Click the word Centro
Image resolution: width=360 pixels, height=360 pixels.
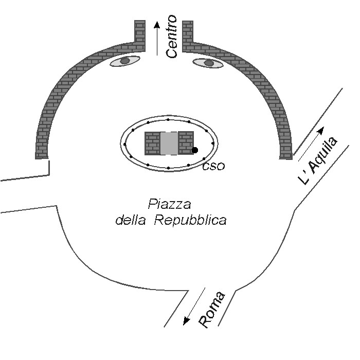(x=171, y=37)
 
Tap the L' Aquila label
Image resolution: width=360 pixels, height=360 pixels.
(x=318, y=160)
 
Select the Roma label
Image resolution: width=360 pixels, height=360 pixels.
(x=212, y=310)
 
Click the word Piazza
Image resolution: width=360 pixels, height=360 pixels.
(x=169, y=204)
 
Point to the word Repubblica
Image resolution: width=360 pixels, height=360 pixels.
(x=190, y=220)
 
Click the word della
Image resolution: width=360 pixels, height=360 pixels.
(x=131, y=220)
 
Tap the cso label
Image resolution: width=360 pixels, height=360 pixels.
(x=213, y=166)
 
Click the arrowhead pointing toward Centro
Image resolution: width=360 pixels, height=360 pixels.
(x=157, y=25)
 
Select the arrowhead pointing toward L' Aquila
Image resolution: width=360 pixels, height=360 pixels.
(x=321, y=130)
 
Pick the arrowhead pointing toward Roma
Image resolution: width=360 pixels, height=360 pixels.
(x=186, y=321)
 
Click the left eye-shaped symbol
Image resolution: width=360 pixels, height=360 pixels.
(x=125, y=61)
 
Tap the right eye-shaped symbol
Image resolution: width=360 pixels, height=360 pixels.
(x=208, y=63)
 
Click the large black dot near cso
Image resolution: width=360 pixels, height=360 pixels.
(x=195, y=150)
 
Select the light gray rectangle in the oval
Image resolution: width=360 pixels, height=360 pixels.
(x=169, y=143)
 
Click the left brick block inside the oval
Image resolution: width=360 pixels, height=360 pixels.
(x=152, y=143)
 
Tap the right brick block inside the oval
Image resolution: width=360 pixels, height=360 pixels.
(x=186, y=143)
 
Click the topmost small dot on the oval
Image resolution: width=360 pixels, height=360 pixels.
(x=168, y=120)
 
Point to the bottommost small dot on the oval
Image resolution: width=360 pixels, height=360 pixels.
(x=169, y=168)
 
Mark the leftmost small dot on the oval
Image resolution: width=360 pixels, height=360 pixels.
(x=124, y=144)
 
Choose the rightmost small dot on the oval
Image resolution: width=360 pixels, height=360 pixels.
(x=213, y=143)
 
